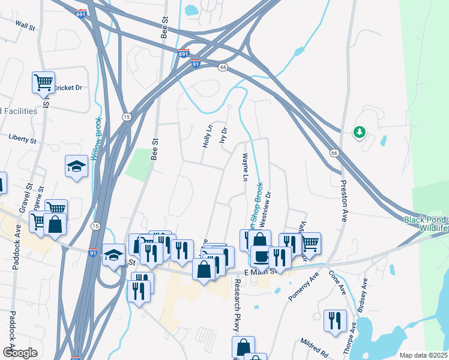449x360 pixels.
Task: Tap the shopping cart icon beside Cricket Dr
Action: pyautogui.click(x=43, y=82)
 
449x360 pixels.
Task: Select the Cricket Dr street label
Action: pyautogui.click(x=67, y=88)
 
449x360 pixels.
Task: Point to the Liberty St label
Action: pyautogui.click(x=23, y=138)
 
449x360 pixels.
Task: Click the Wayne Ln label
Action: pyautogui.click(x=244, y=167)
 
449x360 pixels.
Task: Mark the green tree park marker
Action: pyautogui.click(x=360, y=132)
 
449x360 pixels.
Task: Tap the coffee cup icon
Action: pyautogui.click(x=261, y=256)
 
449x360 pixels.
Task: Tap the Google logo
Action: pyautogui.click(x=20, y=353)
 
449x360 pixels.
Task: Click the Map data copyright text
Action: pyautogui.click(x=423, y=355)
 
